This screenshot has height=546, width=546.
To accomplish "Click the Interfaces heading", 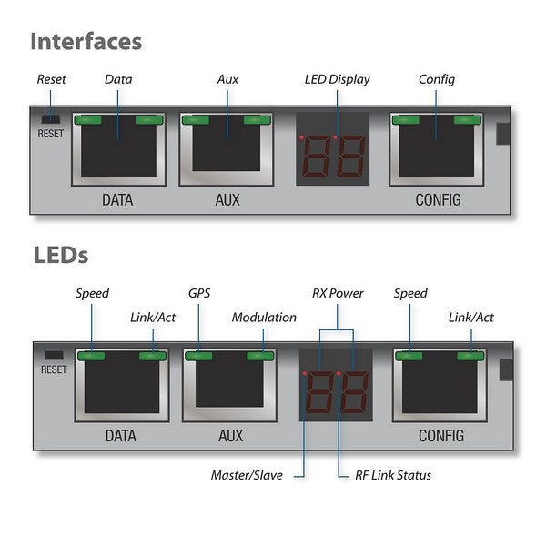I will [86, 41].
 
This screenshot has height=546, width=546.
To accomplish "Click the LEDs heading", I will [60, 255].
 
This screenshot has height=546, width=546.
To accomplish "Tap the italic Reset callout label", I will [51, 79].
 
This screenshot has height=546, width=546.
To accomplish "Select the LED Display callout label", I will [337, 79].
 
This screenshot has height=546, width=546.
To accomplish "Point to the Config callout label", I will [436, 79].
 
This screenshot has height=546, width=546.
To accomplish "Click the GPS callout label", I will [199, 294].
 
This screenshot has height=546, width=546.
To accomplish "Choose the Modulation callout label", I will [264, 318].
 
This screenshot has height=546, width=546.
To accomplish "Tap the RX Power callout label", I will [338, 294].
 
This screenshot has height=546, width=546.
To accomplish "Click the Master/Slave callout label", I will [247, 475].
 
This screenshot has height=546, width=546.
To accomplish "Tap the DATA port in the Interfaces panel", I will [119, 150].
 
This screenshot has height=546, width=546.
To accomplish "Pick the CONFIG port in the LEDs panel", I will [440, 385].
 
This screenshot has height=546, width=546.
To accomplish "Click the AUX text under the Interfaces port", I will [227, 199].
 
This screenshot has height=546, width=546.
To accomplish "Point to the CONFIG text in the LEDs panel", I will [440, 436].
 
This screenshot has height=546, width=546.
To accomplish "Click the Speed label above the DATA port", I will [92, 294].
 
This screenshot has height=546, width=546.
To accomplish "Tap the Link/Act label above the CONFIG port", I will [471, 318].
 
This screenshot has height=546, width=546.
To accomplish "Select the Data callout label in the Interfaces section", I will [118, 79].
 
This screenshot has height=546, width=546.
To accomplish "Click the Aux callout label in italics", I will [227, 79].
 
